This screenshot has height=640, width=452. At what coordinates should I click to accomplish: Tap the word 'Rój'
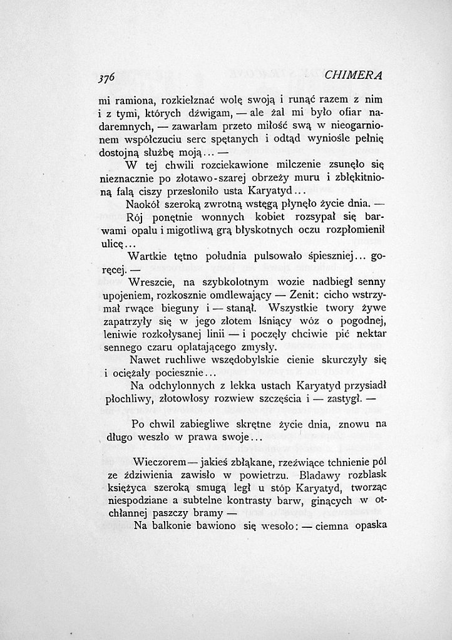tap(136, 218)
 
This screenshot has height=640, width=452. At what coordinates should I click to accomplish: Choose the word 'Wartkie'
tap(147, 256)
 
